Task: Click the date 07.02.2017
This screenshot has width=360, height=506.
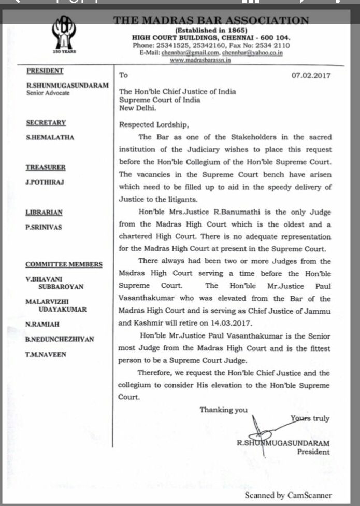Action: [311, 75]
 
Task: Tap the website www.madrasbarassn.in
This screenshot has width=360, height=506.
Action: [200, 60]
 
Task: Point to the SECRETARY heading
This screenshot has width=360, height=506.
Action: [46, 123]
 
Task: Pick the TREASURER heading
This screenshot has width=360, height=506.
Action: [46, 167]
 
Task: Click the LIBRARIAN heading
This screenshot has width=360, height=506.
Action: [44, 212]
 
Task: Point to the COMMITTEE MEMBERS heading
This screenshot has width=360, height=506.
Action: [64, 264]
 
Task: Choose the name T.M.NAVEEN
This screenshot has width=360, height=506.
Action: [46, 355]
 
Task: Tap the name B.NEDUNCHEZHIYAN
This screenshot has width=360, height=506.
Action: [60, 340]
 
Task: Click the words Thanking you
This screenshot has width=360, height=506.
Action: [224, 410]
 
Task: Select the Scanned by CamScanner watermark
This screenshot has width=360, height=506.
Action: [288, 495]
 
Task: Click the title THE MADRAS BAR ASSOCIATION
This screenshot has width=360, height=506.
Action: [211, 21]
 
